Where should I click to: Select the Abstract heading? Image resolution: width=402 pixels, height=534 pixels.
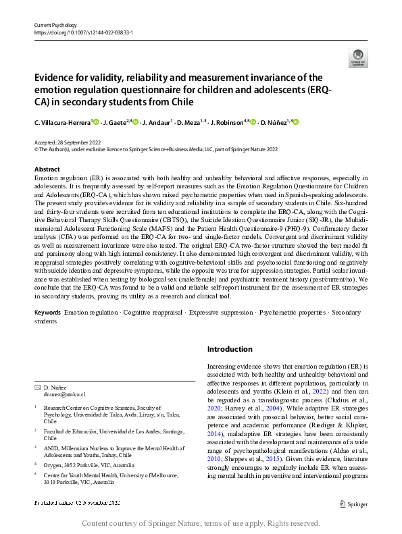pos(47,169)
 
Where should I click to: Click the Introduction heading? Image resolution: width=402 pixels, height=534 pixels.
pos(229,349)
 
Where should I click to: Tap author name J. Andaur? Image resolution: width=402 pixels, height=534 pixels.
pos(158,122)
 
